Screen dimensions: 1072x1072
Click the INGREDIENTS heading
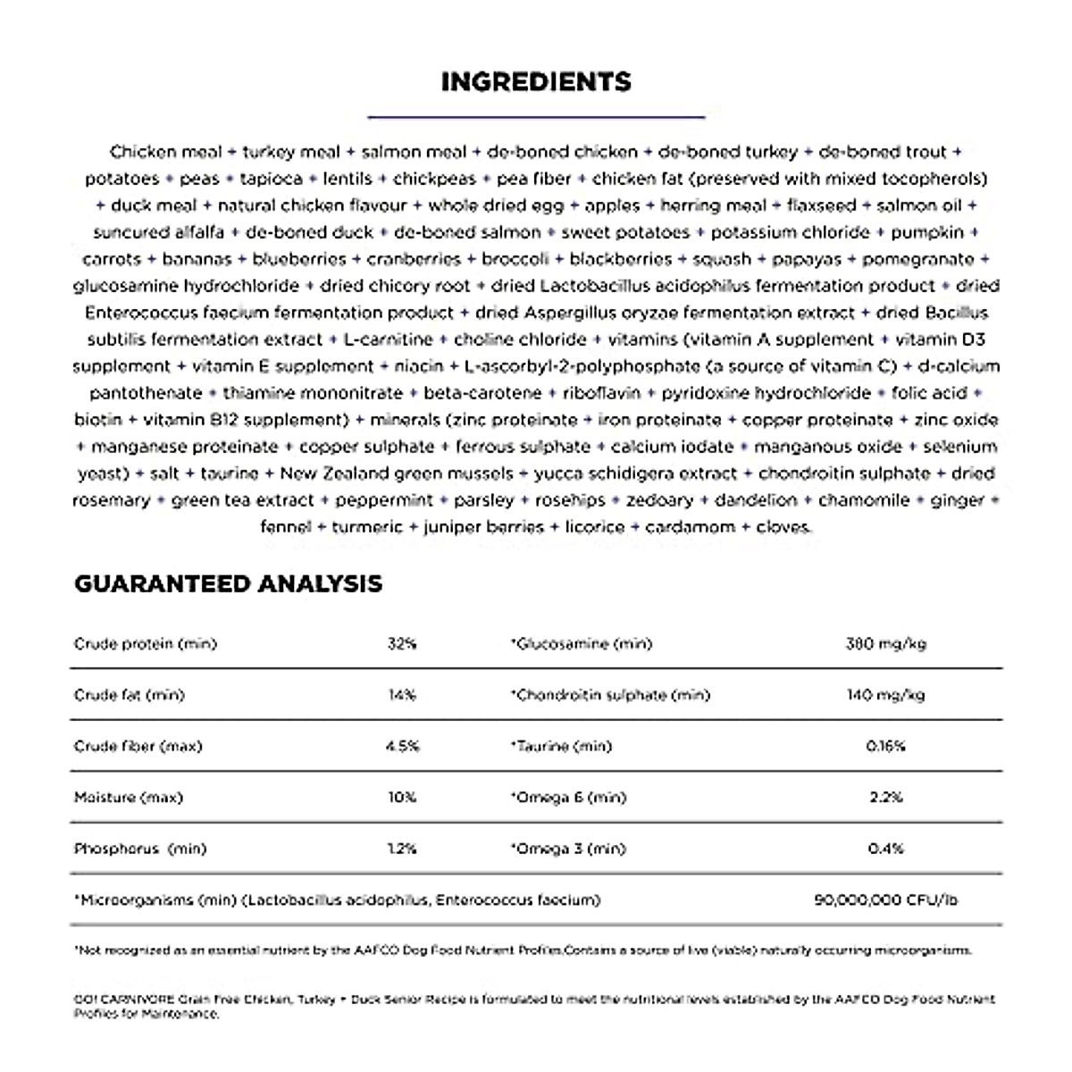point(536,82)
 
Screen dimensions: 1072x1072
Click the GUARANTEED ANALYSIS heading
point(228,584)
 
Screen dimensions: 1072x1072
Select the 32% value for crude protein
point(402,644)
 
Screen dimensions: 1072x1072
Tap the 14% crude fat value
point(402,695)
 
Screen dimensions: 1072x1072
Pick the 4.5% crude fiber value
point(402,746)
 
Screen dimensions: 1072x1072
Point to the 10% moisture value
point(402,797)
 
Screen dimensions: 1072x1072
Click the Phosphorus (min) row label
point(139,849)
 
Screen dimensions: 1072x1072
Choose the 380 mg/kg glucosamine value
point(885,644)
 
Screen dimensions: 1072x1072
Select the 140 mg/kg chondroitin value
point(885,695)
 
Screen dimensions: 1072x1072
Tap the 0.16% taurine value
point(885,746)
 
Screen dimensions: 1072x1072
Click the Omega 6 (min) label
point(569,797)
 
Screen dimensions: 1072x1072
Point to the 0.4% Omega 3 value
point(885,849)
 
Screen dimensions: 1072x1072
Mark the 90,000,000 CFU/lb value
point(885,900)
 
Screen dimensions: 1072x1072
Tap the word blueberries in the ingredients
point(298,259)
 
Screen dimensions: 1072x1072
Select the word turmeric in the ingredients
point(367,527)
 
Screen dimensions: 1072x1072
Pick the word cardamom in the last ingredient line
point(689,527)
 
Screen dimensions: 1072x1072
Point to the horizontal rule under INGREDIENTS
point(536,116)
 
